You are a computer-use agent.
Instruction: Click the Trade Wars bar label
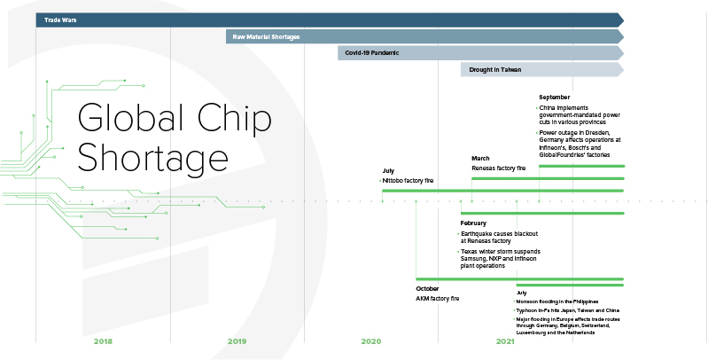click(60, 19)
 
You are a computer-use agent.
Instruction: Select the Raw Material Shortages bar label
click(266, 36)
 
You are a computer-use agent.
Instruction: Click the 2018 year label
click(103, 341)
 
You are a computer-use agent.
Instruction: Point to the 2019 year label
click(237, 341)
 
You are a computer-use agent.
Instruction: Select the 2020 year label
click(370, 341)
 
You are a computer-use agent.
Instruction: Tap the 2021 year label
click(505, 341)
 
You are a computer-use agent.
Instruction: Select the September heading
click(554, 97)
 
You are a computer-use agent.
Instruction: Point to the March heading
click(480, 158)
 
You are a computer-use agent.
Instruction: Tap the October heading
click(427, 288)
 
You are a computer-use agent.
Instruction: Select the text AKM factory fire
click(437, 299)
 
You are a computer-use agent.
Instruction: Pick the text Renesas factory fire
click(498, 168)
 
